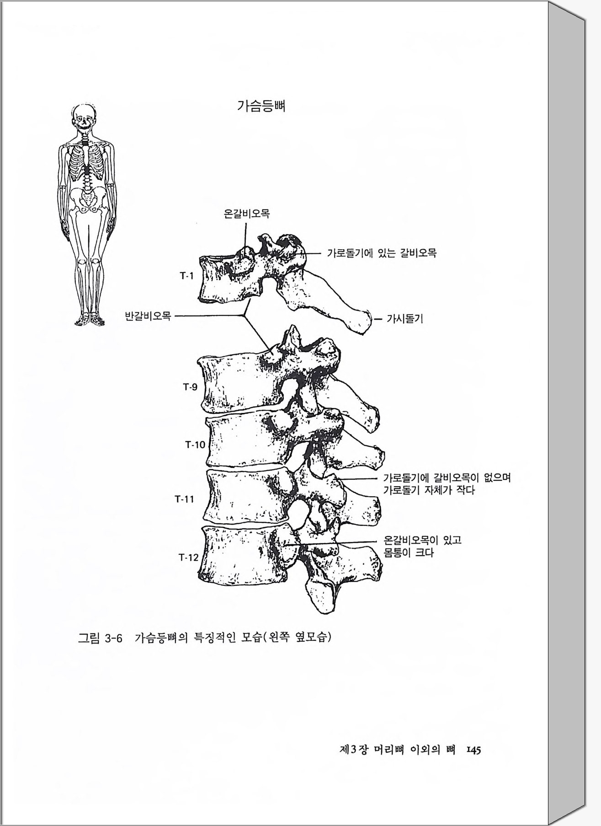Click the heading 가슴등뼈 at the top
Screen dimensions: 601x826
tap(261, 107)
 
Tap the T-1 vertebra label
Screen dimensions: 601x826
tap(186, 275)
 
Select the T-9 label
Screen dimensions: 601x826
tap(191, 387)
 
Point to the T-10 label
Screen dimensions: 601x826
tap(195, 444)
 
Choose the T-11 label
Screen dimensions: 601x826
tap(184, 499)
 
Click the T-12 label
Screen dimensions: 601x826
tap(189, 557)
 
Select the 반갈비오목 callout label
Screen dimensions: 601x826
tap(148, 316)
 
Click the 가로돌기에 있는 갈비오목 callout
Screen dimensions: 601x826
tap(382, 252)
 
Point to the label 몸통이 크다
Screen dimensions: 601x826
tap(408, 553)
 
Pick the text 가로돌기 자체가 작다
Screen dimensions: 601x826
tap(429, 491)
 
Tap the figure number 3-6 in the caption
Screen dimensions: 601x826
tap(114, 638)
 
